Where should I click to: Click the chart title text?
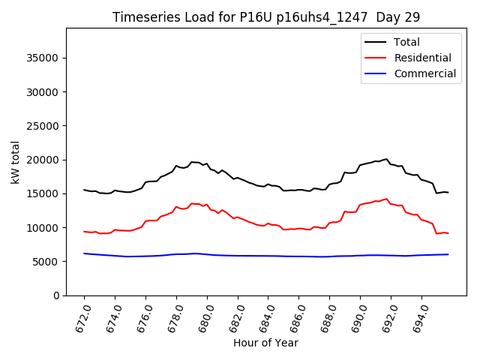266,16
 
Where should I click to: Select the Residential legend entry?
422,58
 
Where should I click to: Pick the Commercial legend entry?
424,73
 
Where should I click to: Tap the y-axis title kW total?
16,162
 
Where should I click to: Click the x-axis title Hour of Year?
265,343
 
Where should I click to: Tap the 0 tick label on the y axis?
55,295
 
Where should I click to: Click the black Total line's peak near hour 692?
387,159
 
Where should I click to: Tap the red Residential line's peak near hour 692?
387,199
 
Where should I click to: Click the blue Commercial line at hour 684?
268,256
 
